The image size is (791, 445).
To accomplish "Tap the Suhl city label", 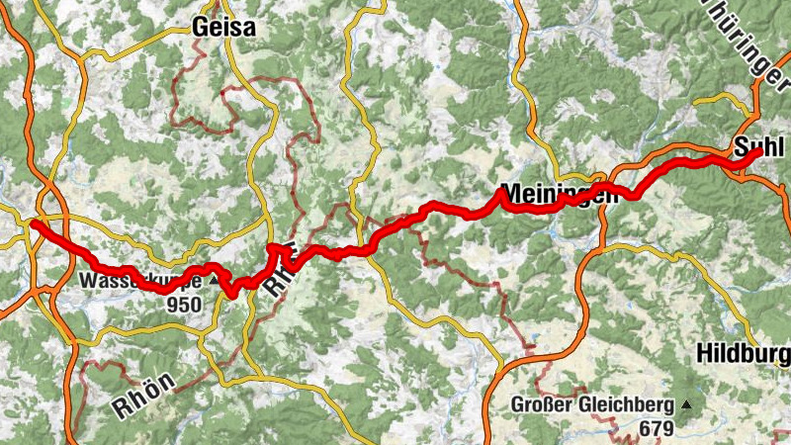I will pyautogui.click(x=759, y=147).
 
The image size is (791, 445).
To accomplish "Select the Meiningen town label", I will pyautogui.click(x=560, y=193).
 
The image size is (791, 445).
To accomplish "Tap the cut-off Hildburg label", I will pyautogui.click(x=743, y=353).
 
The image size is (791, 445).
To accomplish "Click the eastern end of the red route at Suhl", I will pyautogui.click(x=757, y=152).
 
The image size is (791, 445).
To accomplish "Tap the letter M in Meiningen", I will pyautogui.click(x=511, y=192).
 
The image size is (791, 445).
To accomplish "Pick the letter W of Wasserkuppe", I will pyautogui.click(x=89, y=280).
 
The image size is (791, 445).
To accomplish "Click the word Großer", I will pyautogui.click(x=540, y=405).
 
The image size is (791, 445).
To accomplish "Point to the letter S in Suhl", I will pyautogui.click(x=742, y=147).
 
